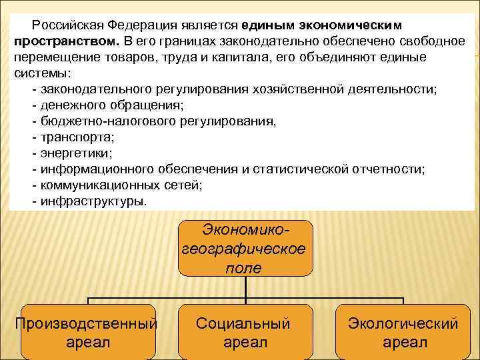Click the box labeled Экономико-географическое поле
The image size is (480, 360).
245,249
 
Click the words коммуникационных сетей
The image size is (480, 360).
120,185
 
